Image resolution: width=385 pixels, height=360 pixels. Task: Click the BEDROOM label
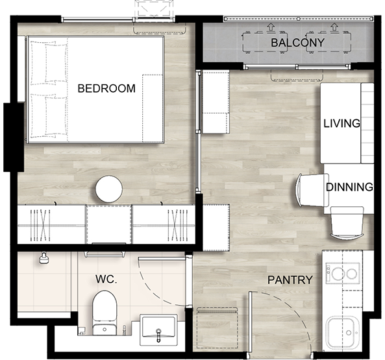(x=106, y=88)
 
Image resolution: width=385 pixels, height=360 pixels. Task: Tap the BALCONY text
(x=297, y=43)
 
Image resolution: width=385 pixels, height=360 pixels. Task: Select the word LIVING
(x=342, y=123)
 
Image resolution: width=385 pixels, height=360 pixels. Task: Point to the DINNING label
(x=349, y=187)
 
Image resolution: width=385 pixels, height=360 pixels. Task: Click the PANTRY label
(x=290, y=280)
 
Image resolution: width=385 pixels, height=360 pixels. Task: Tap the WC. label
(x=106, y=279)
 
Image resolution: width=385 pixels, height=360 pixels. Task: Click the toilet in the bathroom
(x=105, y=313)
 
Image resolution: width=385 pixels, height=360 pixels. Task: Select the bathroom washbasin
(x=158, y=329)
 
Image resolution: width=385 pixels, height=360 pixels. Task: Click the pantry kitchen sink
(x=342, y=333)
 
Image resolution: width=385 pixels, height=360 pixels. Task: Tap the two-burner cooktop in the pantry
(x=343, y=273)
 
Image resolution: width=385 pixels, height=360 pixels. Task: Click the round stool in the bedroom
(x=109, y=189)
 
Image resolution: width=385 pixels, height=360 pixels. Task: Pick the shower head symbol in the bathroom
(x=44, y=258)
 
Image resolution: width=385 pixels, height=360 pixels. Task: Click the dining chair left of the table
(x=312, y=190)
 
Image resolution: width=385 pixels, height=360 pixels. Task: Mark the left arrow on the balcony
(x=271, y=27)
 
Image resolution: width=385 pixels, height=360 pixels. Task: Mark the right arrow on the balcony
(x=334, y=27)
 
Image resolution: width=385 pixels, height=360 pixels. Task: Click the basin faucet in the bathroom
(x=158, y=335)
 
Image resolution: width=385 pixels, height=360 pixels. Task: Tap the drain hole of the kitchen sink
(x=349, y=333)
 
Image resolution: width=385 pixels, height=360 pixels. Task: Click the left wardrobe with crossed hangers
(x=51, y=225)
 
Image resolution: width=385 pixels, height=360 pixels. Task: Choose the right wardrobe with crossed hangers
(x=164, y=225)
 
